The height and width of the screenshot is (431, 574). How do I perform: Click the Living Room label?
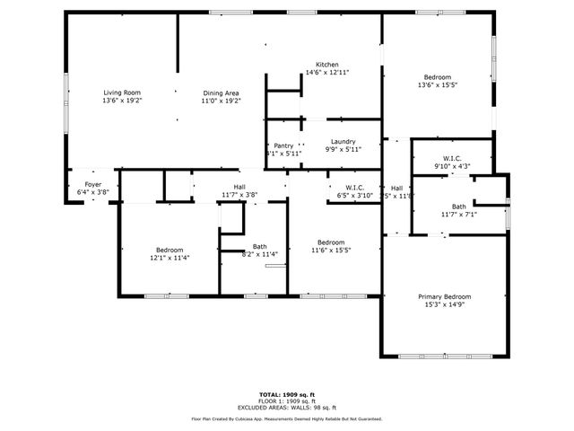(x=123, y=92)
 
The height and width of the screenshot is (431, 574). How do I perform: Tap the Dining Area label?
(x=221, y=92)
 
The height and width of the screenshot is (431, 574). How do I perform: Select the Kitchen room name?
(x=326, y=65)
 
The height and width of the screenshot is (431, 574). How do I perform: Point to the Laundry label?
(x=343, y=142)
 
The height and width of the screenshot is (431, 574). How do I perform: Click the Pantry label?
(x=283, y=145)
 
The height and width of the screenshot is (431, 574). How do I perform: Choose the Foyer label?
(x=87, y=184)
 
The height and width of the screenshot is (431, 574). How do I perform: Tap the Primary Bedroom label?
(x=444, y=296)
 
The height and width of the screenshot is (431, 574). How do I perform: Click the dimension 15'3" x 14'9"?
(x=444, y=304)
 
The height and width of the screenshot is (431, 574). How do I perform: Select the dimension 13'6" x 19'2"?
(x=123, y=101)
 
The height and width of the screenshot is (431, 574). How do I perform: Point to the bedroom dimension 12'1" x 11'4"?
(x=169, y=258)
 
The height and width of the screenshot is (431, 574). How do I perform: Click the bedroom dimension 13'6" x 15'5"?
(x=438, y=85)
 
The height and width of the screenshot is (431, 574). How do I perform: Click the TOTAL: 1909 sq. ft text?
(x=287, y=394)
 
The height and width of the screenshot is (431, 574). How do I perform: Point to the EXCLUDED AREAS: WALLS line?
(x=287, y=406)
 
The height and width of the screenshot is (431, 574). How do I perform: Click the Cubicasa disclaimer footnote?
(x=287, y=418)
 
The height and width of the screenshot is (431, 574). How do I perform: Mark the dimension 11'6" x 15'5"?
(x=331, y=251)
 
